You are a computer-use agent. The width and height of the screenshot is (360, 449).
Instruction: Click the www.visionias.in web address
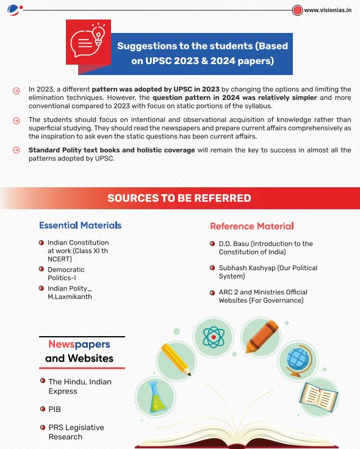(327, 10)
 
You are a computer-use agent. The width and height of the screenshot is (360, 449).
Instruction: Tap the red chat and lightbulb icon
(88, 41)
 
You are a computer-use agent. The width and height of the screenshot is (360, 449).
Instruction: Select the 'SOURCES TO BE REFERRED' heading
(179, 198)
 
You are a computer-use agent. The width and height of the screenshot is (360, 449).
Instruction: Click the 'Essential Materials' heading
(80, 225)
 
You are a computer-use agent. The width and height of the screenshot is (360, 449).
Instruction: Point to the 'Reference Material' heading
(252, 226)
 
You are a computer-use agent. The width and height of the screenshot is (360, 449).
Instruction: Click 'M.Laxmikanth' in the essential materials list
(70, 296)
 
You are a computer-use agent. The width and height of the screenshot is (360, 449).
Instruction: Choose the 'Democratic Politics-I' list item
(66, 273)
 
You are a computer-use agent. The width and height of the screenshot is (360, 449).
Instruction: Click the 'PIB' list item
(55, 409)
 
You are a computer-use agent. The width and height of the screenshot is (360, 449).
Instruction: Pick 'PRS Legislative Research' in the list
(76, 432)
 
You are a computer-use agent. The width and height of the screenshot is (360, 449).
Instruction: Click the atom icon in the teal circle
(214, 337)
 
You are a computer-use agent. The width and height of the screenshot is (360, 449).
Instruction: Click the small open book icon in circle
(319, 396)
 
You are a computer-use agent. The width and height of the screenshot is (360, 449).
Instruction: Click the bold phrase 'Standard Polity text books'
(81, 150)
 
